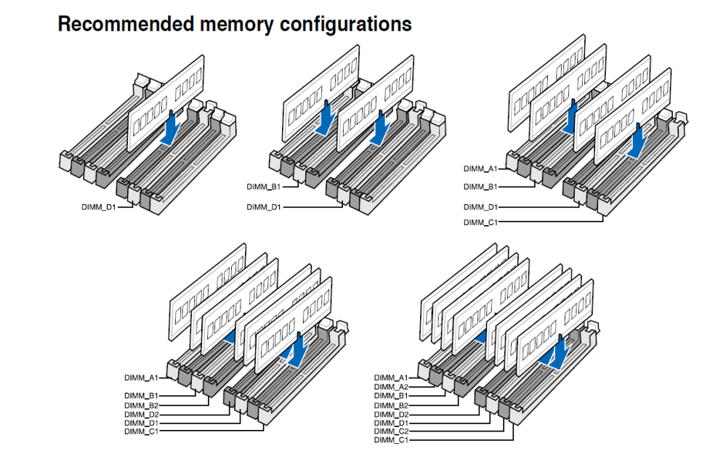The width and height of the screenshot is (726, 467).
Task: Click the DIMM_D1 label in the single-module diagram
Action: tap(98, 207)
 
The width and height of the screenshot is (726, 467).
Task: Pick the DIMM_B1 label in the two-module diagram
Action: tap(263, 187)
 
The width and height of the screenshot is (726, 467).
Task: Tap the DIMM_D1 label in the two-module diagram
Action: tap(263, 207)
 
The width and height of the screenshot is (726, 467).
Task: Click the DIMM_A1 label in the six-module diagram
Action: tap(141, 378)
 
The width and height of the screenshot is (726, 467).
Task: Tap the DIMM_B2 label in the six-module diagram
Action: tap(141, 405)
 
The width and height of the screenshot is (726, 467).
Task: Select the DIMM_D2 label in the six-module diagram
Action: tap(141, 414)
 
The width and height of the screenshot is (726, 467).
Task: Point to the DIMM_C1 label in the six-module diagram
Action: tap(141, 431)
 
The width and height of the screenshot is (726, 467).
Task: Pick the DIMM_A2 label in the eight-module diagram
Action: tap(391, 387)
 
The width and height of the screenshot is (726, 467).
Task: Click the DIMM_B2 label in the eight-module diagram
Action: tap(391, 405)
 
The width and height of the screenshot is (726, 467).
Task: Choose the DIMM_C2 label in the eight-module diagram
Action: tap(391, 431)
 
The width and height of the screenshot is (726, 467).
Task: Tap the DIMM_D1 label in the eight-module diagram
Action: tap(391, 423)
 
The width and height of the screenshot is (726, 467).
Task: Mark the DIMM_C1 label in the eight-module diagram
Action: tap(391, 440)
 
